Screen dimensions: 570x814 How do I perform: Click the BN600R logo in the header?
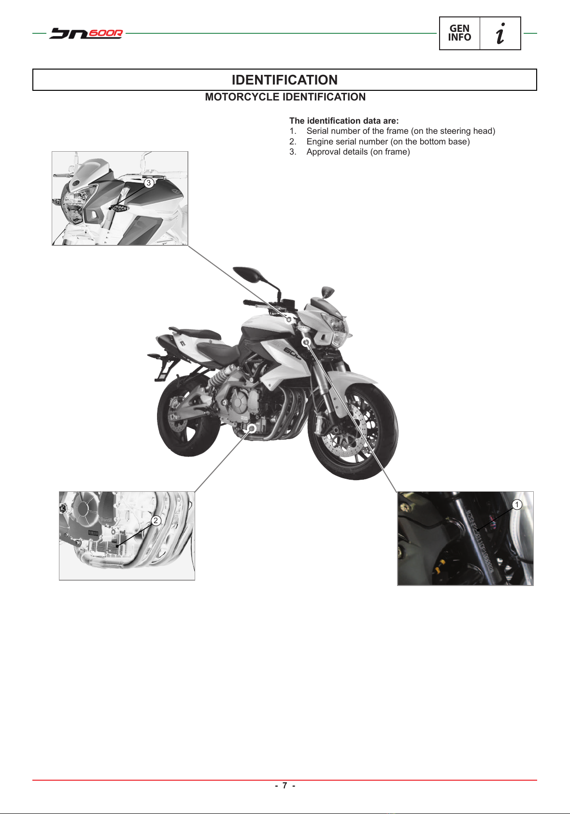(x=86, y=33)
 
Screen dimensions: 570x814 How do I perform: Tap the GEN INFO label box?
(x=459, y=33)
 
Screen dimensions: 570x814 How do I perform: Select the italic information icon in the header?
(x=500, y=33)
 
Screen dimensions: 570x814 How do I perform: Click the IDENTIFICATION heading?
(x=285, y=80)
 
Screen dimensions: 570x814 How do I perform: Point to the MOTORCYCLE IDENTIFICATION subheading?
(x=285, y=97)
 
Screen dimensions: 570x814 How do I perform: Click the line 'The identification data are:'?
(x=344, y=121)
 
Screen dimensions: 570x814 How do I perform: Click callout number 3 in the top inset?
(x=149, y=183)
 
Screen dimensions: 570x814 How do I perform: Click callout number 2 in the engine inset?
(x=156, y=520)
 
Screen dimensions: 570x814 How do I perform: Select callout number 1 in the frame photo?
(x=517, y=505)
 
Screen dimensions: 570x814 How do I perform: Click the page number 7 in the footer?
(x=285, y=785)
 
